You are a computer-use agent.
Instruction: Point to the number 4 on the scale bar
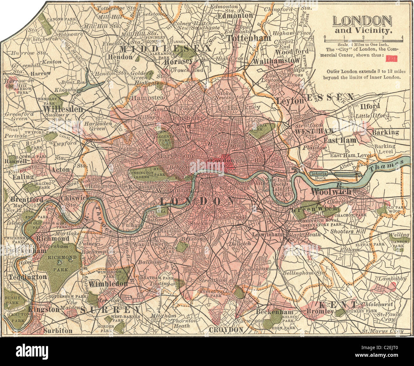pyautogui.click(x=403, y=37)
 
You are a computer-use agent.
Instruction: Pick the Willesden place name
pyautogui.click(x=62, y=109)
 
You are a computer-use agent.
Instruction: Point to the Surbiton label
pyautogui.click(x=58, y=331)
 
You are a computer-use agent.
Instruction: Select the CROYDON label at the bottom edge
pyautogui.click(x=226, y=329)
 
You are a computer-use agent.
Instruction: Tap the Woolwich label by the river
pyautogui.click(x=331, y=191)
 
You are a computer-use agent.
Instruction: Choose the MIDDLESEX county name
pyautogui.click(x=166, y=48)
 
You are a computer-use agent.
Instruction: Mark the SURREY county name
pyautogui.click(x=110, y=310)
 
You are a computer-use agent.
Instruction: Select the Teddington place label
pyautogui.click(x=28, y=277)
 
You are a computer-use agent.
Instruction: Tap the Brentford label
pyautogui.click(x=22, y=200)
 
